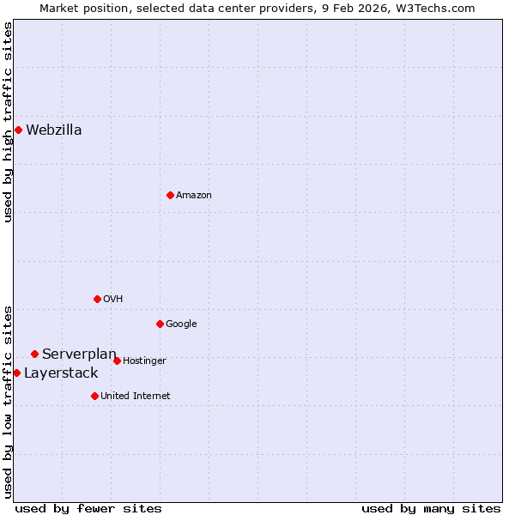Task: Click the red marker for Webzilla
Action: [18, 130]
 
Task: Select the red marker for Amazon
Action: [170, 195]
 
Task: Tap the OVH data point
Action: [97, 299]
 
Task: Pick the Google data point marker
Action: [160, 324]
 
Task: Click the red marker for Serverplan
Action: [34, 354]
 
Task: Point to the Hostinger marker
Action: [117, 360]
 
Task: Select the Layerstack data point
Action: [16, 373]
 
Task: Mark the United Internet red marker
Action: [94, 396]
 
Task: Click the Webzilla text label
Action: [54, 130]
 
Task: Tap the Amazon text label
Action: [194, 196]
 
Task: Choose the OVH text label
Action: [113, 300]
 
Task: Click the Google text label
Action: [181, 324]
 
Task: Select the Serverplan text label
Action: [79, 354]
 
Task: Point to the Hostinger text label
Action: [144, 361]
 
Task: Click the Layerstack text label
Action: [61, 373]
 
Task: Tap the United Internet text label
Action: [136, 397]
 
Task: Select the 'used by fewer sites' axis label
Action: [88, 509]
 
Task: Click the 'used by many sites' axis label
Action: [431, 509]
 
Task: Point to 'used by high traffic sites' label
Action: [8, 122]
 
